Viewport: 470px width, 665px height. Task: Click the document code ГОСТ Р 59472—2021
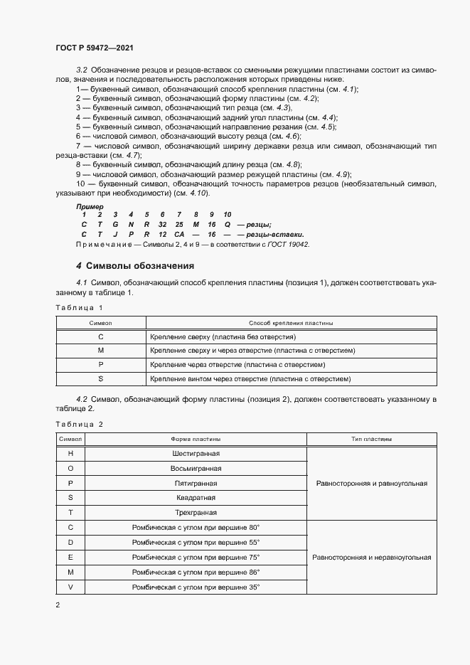94,48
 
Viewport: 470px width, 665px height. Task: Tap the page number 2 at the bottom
58,605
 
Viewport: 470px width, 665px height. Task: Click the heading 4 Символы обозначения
135,266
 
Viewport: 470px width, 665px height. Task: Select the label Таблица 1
79,307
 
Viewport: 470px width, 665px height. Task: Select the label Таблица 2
79,424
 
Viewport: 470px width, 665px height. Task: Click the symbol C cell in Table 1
100,336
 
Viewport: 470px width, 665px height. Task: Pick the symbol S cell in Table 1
100,378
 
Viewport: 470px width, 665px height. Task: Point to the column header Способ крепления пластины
291,323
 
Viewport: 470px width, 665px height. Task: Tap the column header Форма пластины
196,440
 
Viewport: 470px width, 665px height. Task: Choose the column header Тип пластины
370,440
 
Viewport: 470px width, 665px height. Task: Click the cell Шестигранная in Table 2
196,454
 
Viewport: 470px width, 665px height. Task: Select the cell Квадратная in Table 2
196,498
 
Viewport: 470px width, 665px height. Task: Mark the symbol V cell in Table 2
70,587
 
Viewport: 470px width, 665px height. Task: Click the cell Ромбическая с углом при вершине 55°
196,542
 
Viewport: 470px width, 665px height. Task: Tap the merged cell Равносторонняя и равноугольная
370,483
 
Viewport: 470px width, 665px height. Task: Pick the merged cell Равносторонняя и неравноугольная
371,557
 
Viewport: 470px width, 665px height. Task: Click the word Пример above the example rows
90,206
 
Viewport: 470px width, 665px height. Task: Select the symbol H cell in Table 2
70,454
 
